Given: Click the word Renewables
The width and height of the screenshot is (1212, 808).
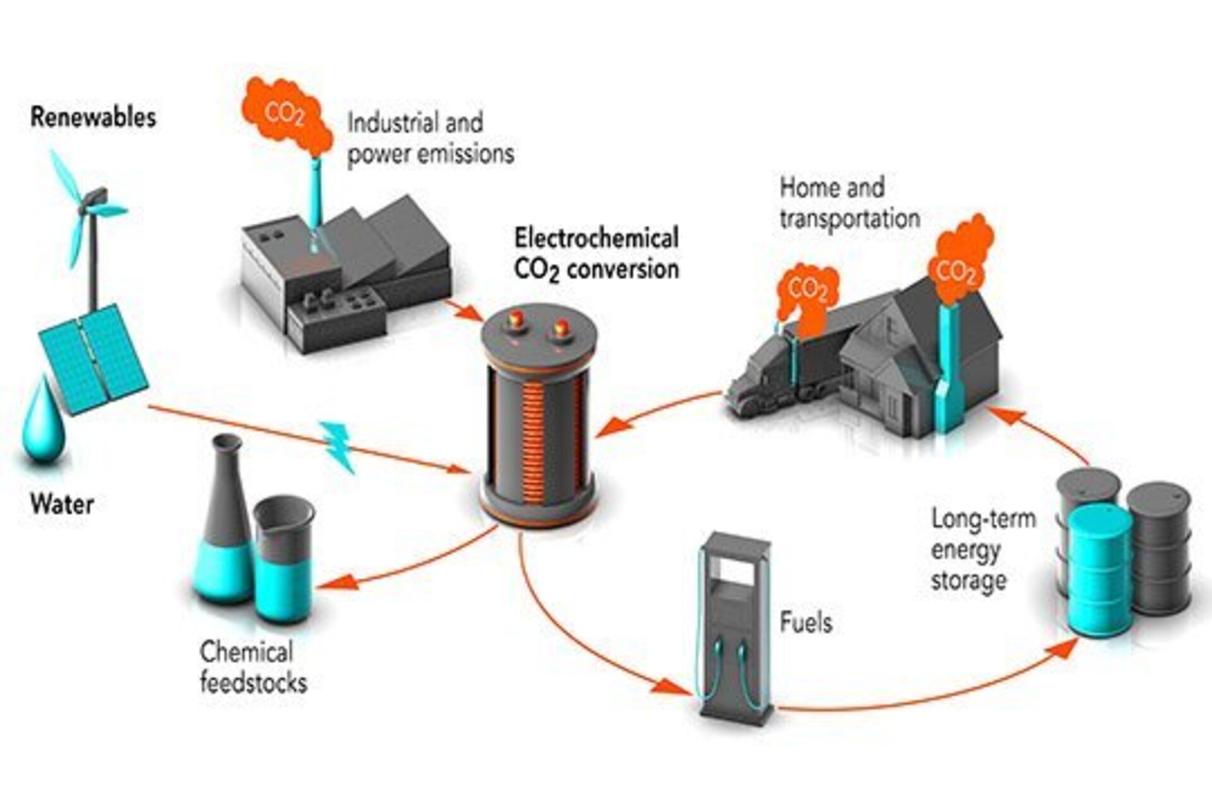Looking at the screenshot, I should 93,118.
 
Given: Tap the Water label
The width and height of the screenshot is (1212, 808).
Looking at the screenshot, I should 62,504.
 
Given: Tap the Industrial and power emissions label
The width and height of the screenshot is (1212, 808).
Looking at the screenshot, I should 430,138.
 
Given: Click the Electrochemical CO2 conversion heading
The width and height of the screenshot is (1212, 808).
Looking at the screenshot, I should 596,254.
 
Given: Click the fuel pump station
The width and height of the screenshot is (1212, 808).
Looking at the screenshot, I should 735,625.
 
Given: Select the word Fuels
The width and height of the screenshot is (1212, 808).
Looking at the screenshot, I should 806,622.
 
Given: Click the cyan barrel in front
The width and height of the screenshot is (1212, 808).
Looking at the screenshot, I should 1099,571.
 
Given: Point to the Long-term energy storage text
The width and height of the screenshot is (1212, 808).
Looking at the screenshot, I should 982,549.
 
